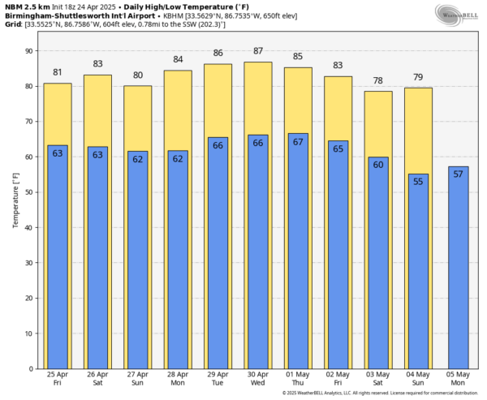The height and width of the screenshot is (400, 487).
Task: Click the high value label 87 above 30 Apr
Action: (x=258, y=51)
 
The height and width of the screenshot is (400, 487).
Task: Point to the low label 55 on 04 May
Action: (x=418, y=182)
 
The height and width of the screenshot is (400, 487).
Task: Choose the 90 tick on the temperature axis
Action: (x=30, y=50)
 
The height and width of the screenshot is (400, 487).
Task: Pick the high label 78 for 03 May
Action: (x=378, y=80)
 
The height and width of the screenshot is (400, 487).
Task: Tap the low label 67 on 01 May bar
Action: (x=298, y=142)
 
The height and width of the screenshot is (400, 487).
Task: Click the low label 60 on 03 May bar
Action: (x=378, y=165)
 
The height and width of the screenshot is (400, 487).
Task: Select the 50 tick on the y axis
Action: (x=30, y=191)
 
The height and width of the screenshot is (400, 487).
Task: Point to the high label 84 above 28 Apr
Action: (x=178, y=60)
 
